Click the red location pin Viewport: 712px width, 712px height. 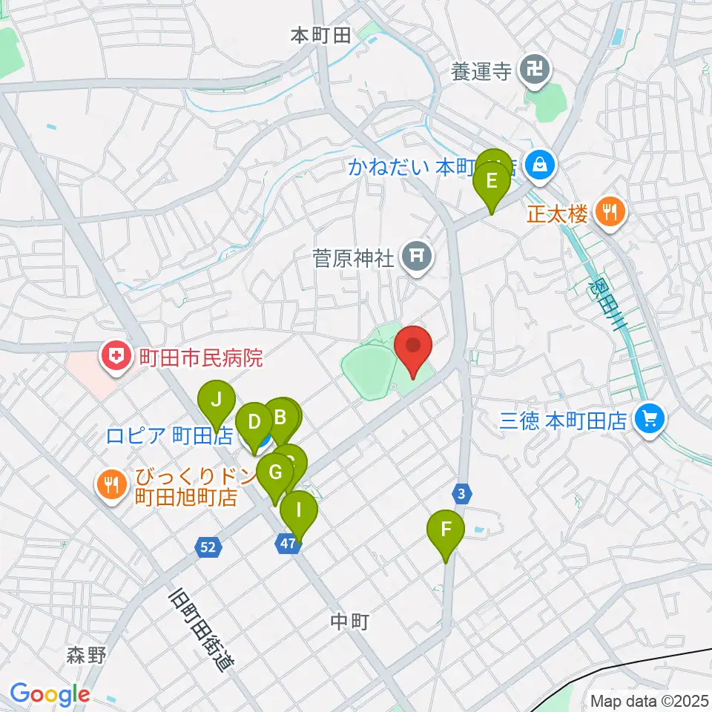pos(413,346)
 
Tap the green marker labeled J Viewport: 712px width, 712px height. pos(217,400)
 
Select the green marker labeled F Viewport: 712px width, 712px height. pos(446,530)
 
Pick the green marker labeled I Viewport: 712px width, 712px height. pos(299,511)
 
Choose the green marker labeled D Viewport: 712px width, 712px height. pos(254,423)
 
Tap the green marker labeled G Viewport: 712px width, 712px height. pos(275,472)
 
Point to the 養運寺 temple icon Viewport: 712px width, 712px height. pos(535,71)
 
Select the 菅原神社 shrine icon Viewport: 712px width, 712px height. pos(416,257)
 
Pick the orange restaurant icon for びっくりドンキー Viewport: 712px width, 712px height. pos(113,486)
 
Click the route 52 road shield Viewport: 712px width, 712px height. pos(209,547)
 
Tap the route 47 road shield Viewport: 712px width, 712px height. pos(289,544)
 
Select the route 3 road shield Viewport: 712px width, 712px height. pos(461,492)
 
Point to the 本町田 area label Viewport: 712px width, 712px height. pos(320,35)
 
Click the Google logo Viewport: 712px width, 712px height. pos(50,693)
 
